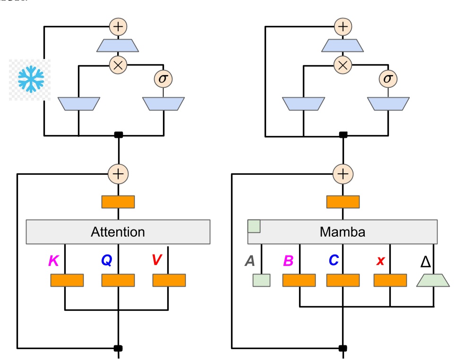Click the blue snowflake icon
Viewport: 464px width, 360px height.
pyautogui.click(x=31, y=79)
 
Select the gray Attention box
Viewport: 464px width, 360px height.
pyautogui.click(x=118, y=232)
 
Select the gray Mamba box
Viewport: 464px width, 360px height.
pyautogui.click(x=343, y=232)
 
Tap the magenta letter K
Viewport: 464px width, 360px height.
pyautogui.click(x=53, y=260)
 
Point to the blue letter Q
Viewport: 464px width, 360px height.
pyautogui.click(x=106, y=260)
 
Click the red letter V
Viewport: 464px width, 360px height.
pyautogui.click(x=157, y=260)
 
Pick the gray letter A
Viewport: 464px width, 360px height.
pyautogui.click(x=249, y=261)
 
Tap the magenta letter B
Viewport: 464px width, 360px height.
pyautogui.click(x=288, y=261)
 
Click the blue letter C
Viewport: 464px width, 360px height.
pyautogui.click(x=334, y=260)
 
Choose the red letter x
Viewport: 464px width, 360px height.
pyautogui.click(x=380, y=261)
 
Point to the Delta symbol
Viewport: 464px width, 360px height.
pyautogui.click(x=425, y=261)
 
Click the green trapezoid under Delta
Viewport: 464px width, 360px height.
pyautogui.click(x=433, y=280)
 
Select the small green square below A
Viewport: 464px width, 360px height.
pyautogui.click(x=262, y=280)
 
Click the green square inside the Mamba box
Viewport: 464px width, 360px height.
pyautogui.click(x=254, y=226)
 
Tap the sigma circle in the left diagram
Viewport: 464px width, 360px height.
pyautogui.click(x=163, y=78)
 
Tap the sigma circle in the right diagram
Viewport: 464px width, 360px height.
pyautogui.click(x=387, y=78)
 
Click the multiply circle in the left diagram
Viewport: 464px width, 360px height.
pyautogui.click(x=118, y=65)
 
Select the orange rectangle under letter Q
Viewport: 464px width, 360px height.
pyautogui.click(x=118, y=280)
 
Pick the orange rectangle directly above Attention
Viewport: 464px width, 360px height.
pyautogui.click(x=118, y=202)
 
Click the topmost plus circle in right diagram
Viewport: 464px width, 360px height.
pyautogui.click(x=343, y=26)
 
